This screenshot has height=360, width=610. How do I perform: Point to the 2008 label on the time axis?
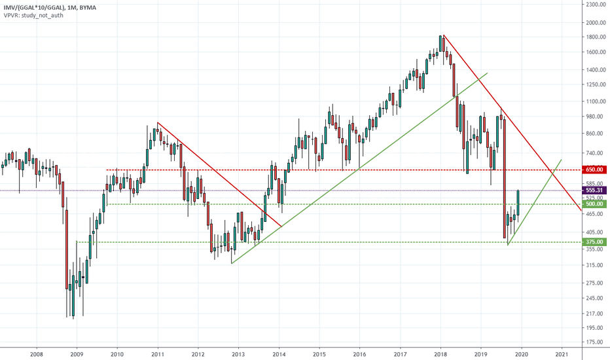[36, 353]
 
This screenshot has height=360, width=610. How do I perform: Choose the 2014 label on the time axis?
[279, 353]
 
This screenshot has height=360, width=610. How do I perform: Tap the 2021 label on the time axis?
[562, 353]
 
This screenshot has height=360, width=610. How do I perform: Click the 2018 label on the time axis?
[440, 353]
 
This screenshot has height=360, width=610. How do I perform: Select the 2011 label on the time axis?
[158, 353]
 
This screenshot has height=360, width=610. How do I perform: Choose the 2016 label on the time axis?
[359, 353]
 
